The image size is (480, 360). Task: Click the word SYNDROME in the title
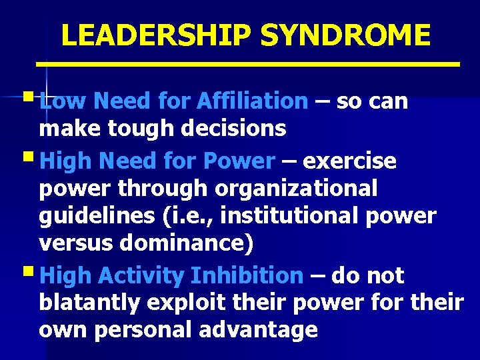pyautogui.click(x=345, y=35)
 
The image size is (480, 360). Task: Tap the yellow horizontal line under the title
pyautogui.click(x=248, y=64)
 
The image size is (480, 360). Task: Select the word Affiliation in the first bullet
pyautogui.click(x=253, y=101)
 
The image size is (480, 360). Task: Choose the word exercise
pyautogui.click(x=349, y=162)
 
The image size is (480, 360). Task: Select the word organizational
pyautogui.click(x=296, y=189)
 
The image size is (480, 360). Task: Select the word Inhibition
pyautogui.click(x=247, y=275)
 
